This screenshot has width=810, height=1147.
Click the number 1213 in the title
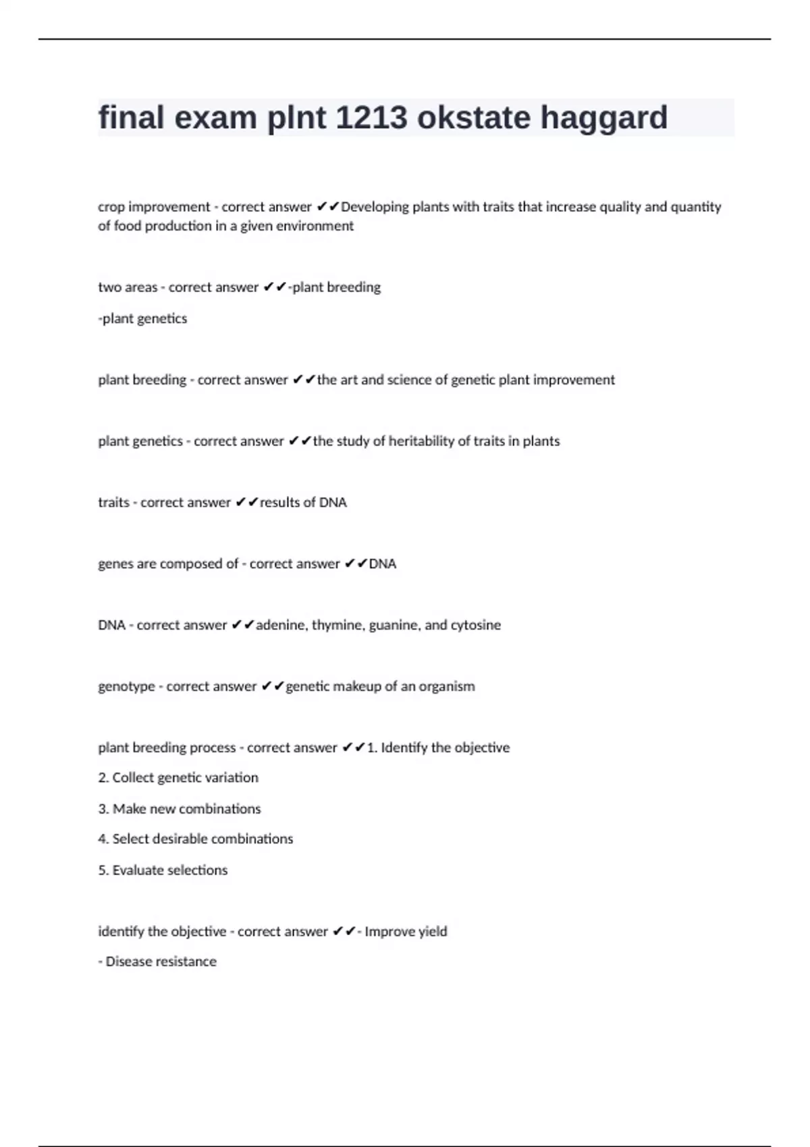pyautogui.click(x=371, y=118)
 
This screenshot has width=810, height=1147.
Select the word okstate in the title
pyautogui.click(x=474, y=118)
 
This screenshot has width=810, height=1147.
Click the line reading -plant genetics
pyautogui.click(x=142, y=318)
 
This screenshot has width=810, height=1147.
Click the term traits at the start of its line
pyautogui.click(x=113, y=503)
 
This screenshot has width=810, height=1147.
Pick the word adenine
pyautogui.click(x=281, y=625)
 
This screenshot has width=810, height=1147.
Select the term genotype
pyautogui.click(x=126, y=687)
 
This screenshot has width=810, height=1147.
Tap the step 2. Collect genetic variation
pyautogui.click(x=178, y=778)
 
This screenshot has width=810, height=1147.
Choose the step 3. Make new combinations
pyautogui.click(x=180, y=809)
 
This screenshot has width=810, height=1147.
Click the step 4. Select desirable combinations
pyautogui.click(x=196, y=839)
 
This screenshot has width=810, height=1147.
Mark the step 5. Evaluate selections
pyautogui.click(x=163, y=870)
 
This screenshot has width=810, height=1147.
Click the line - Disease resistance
pyautogui.click(x=157, y=961)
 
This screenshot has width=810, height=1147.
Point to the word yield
pyautogui.click(x=432, y=932)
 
